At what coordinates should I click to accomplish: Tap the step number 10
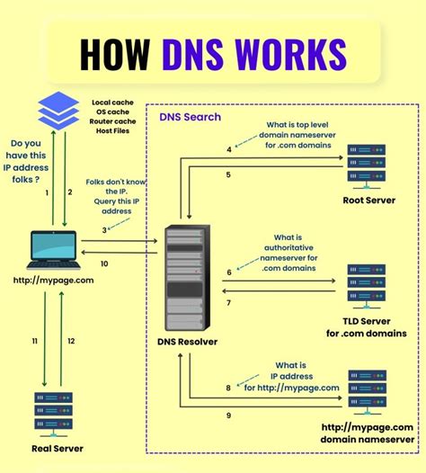[x=104, y=263]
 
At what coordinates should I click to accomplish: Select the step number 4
[x=228, y=148]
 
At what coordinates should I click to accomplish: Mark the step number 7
[x=228, y=303]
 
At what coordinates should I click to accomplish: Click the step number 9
[x=228, y=415]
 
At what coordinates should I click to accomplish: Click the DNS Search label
[x=191, y=117]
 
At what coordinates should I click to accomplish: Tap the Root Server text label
[x=368, y=201]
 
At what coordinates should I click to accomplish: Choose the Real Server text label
[x=56, y=448]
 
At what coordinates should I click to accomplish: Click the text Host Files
[x=113, y=134]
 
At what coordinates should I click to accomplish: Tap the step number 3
[x=104, y=230]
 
